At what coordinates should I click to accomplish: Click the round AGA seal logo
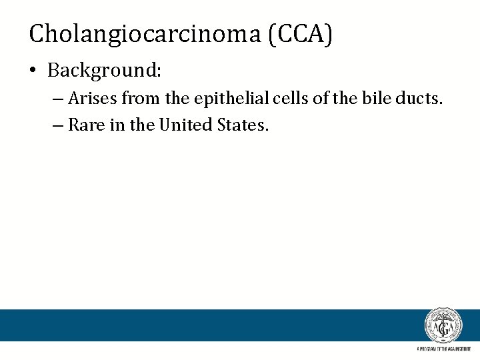click(443, 326)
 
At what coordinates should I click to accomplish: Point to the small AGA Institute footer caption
click(443, 349)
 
